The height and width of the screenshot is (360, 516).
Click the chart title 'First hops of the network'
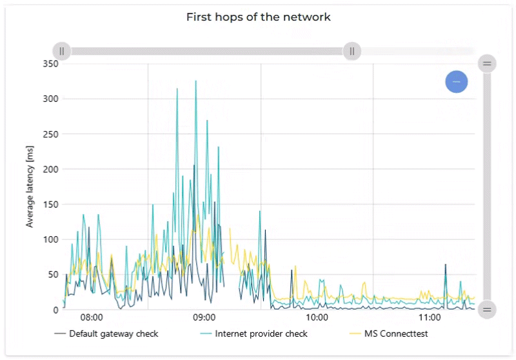258,17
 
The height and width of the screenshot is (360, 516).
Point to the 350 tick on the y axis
50,64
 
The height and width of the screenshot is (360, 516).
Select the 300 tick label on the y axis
50,99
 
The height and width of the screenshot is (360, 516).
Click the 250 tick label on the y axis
50,134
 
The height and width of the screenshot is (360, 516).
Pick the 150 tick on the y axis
50,205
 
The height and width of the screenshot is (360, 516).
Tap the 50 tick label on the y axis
52,275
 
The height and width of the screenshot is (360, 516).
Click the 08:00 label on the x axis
92,318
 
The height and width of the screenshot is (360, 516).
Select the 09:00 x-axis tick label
204,318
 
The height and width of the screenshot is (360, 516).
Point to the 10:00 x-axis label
317,318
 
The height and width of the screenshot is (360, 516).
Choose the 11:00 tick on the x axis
430,318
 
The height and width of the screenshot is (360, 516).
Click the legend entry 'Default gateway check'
114,334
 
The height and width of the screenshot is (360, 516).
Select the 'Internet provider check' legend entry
261,334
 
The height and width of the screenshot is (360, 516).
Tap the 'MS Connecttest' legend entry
396,334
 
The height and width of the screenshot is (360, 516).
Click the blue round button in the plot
456,82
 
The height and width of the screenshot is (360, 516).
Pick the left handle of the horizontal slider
62,51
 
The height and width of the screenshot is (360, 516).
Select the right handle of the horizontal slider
352,51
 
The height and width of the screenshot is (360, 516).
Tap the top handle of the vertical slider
487,63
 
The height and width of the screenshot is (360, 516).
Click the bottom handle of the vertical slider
487,310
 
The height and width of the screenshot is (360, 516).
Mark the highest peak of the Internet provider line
196,81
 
